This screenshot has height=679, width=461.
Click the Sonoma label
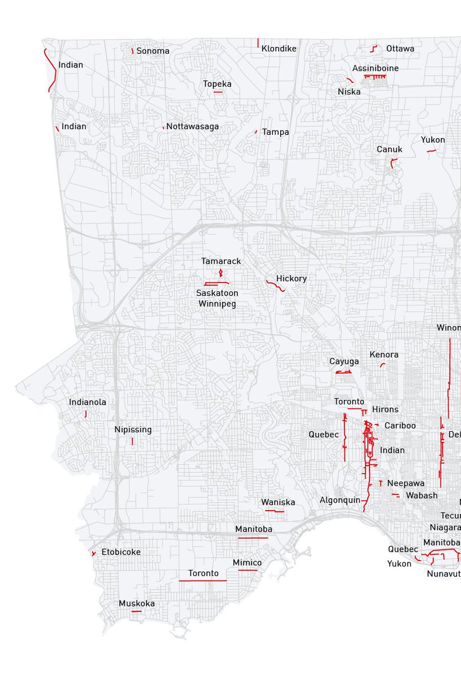pos(153,51)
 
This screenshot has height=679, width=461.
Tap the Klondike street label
pos(279,49)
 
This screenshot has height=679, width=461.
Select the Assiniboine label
pos(375,68)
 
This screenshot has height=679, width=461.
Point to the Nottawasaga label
pos(192,126)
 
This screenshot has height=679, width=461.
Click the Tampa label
pos(275,132)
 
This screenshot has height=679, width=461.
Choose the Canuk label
pos(389,149)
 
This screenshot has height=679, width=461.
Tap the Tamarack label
pos(221,261)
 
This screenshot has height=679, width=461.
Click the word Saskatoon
pos(217,293)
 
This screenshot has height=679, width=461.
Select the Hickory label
pos(291,278)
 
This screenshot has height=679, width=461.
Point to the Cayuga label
pos(344,361)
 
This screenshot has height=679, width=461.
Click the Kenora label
pos(384,355)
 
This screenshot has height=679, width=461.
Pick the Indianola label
pos(88,402)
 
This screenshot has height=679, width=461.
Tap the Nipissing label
pos(133,429)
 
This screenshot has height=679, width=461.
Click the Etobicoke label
pos(121,552)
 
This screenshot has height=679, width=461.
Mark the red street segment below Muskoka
pos(136,611)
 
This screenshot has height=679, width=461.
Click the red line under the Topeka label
pos(218,92)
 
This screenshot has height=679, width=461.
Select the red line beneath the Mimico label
pos(247,570)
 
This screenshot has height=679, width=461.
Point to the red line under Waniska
pos(275,512)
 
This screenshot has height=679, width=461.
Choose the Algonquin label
pos(340,500)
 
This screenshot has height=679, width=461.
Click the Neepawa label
pos(406,484)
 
